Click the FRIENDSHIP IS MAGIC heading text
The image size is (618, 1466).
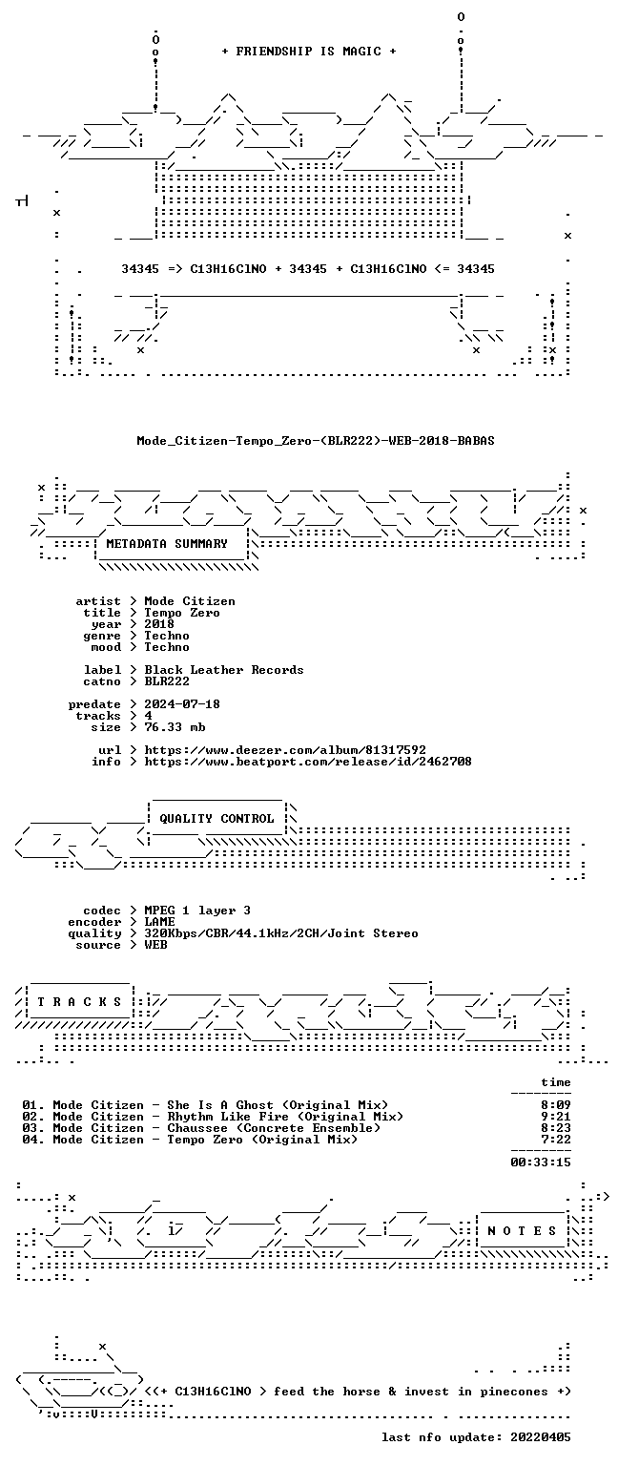click(x=309, y=51)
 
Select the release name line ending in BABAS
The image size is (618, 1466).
click(x=316, y=440)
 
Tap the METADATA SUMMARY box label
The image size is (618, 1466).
click(x=167, y=543)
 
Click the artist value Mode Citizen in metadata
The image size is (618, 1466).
click(x=190, y=600)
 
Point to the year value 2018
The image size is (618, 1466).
click(x=159, y=623)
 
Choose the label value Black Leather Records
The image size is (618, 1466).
click(x=224, y=669)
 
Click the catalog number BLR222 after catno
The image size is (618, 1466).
click(x=167, y=681)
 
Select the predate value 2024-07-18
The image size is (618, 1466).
click(x=182, y=703)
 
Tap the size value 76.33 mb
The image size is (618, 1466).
click(x=175, y=726)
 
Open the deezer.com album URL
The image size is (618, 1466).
click(x=285, y=749)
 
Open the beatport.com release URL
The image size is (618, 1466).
click(x=308, y=761)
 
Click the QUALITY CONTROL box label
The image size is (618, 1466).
click(x=216, y=818)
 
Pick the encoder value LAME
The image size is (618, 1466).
click(x=159, y=921)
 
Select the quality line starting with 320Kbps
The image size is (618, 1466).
click(x=281, y=933)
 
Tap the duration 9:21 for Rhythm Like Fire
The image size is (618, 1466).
click(x=556, y=1117)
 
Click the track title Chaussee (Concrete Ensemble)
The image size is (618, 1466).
click(x=274, y=1127)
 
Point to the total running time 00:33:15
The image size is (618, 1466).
click(x=541, y=1162)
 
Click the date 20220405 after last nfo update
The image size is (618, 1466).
click(x=541, y=1437)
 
